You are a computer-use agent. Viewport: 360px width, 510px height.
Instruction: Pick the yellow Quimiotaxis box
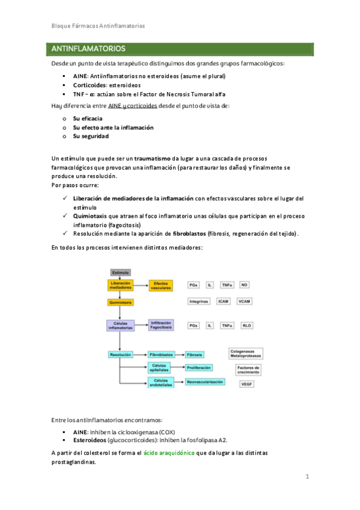click(120, 301)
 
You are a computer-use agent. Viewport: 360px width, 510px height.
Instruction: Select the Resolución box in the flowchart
click(120, 355)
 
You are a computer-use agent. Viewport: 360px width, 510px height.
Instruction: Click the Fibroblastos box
click(161, 355)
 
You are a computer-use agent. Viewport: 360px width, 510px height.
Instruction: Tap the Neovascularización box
click(205, 382)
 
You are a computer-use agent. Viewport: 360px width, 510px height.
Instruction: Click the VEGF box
click(246, 384)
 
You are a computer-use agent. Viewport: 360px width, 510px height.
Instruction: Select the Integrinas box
click(198, 301)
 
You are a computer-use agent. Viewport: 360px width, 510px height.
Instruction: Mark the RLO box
click(246, 325)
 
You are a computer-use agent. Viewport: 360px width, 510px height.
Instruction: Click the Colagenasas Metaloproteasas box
click(246, 354)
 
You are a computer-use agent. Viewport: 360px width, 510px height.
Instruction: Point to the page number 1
click(307, 477)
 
